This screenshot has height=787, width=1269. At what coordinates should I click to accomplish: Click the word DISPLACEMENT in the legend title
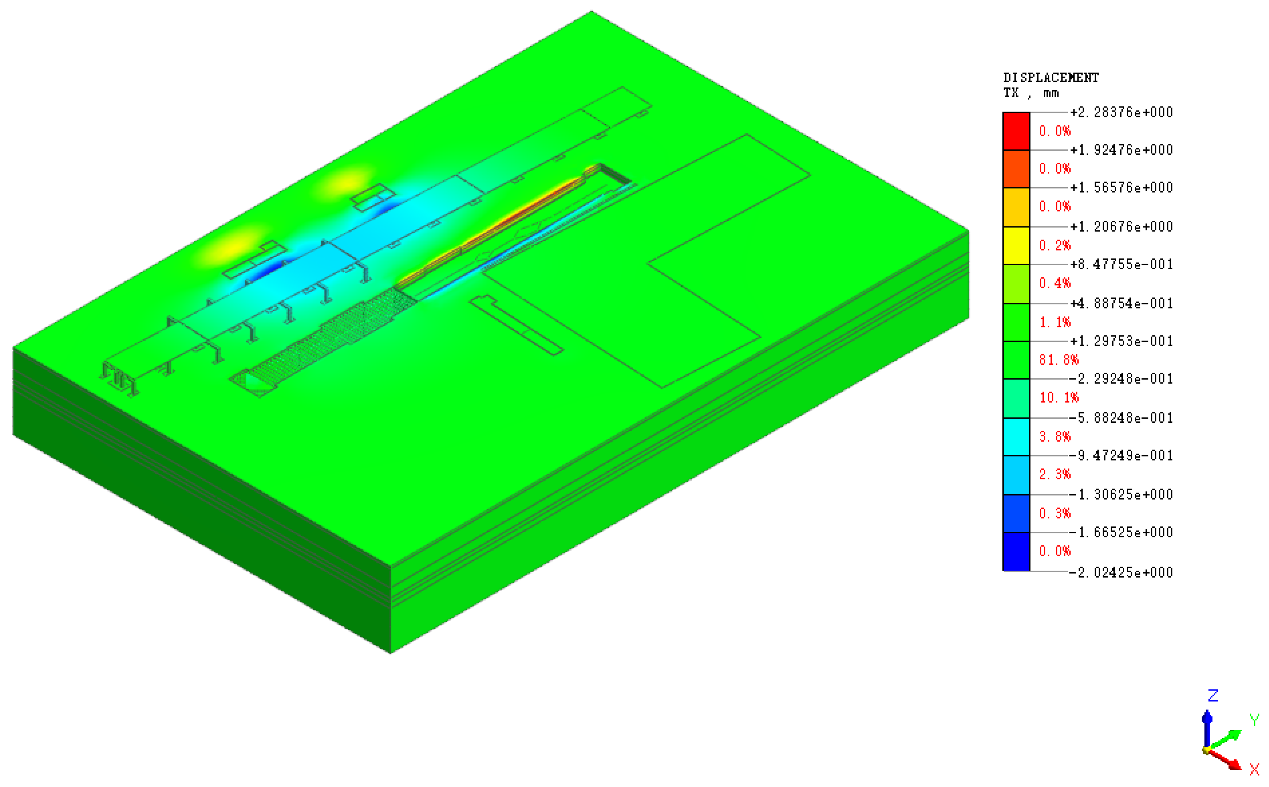[x=1051, y=78]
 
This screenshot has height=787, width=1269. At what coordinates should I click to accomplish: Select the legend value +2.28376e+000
[x=1121, y=112]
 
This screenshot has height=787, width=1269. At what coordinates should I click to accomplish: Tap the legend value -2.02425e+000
[x=1121, y=573]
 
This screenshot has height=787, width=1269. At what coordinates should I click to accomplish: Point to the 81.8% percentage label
[x=1059, y=360]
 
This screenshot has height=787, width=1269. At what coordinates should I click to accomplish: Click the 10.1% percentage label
[x=1059, y=398]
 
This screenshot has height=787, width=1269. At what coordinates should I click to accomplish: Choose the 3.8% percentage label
[x=1055, y=436]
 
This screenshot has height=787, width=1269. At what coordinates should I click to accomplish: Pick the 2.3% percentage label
[x=1055, y=474]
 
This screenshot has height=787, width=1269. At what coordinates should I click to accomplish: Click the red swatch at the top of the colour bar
[x=1016, y=131]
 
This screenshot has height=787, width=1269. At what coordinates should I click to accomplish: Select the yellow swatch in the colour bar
[x=1016, y=245]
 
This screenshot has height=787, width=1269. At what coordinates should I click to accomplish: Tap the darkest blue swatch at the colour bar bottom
[x=1016, y=552]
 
